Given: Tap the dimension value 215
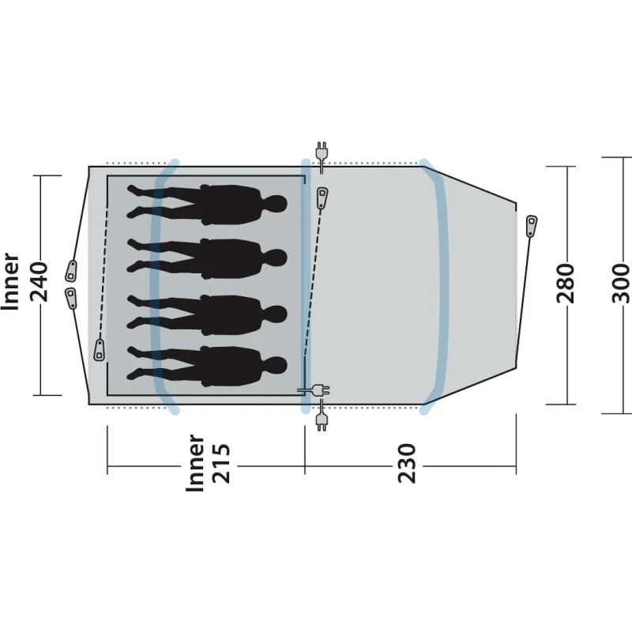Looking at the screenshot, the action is click(221, 463).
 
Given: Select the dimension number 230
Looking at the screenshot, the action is click(407, 463).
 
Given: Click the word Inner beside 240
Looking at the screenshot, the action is click(11, 281).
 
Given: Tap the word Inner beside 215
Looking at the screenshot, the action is click(195, 463).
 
